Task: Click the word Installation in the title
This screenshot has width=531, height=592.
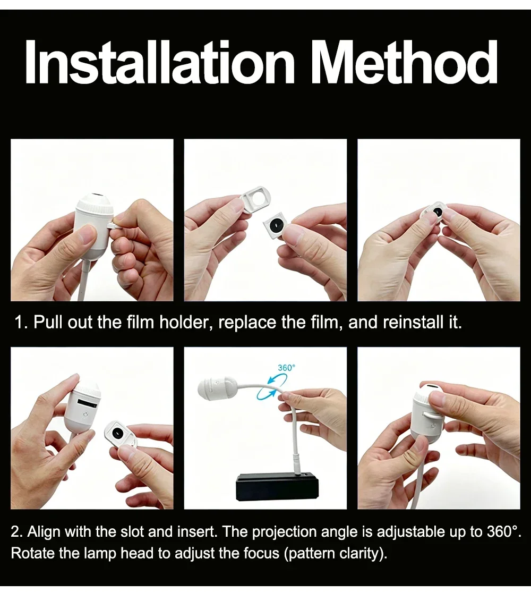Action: coord(159,62)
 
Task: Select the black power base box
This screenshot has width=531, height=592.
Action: coord(277,489)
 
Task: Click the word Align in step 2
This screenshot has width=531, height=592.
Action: coord(44,531)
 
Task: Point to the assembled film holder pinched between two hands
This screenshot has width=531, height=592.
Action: coord(434,213)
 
